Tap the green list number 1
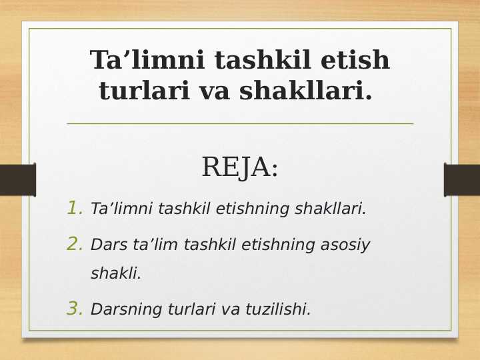(74, 209)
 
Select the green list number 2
(74, 245)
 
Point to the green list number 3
(74, 309)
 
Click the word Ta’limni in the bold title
(148, 61)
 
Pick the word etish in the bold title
(355, 61)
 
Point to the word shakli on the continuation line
(115, 273)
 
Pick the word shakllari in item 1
(327, 209)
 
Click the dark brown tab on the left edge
(17, 180)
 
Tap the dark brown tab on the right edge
(462, 180)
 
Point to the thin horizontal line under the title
(240, 123)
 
